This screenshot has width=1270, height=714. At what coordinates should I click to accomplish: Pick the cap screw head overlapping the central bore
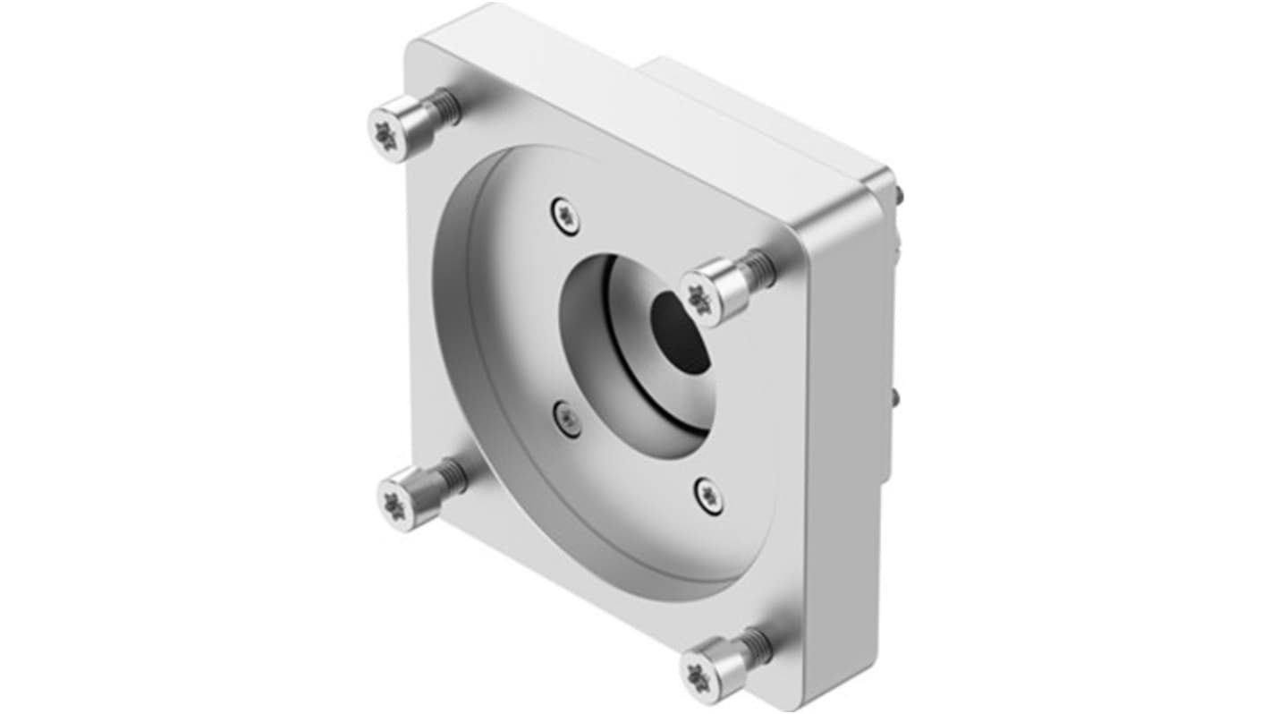coord(713,292)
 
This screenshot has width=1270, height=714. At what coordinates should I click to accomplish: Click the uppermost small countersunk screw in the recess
coord(563,213)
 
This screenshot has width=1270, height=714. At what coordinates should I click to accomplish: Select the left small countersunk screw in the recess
coord(566,416)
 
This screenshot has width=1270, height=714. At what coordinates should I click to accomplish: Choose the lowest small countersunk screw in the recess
coord(707,495)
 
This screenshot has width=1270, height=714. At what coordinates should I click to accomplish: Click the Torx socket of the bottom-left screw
coord(394,505)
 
